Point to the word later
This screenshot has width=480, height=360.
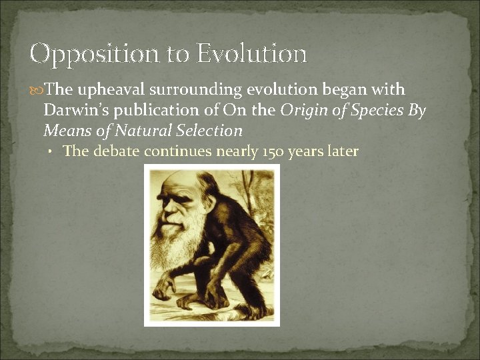coord(343,151)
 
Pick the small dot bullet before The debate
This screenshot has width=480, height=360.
coord(51,152)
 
